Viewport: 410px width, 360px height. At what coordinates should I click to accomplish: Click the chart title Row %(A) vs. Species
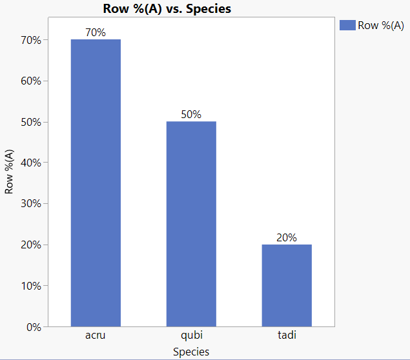(167, 8)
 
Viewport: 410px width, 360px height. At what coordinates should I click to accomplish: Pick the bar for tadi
(287, 285)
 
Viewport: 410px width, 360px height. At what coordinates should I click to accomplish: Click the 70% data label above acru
(96, 33)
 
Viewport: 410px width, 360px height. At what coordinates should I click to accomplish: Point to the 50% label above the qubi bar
(191, 115)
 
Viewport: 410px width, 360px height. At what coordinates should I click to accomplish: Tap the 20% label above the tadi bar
(287, 237)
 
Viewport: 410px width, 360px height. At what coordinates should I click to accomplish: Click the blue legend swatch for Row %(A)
(347, 25)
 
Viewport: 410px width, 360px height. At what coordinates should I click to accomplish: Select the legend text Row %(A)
(381, 25)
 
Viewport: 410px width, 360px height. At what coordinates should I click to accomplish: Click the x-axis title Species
(191, 352)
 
